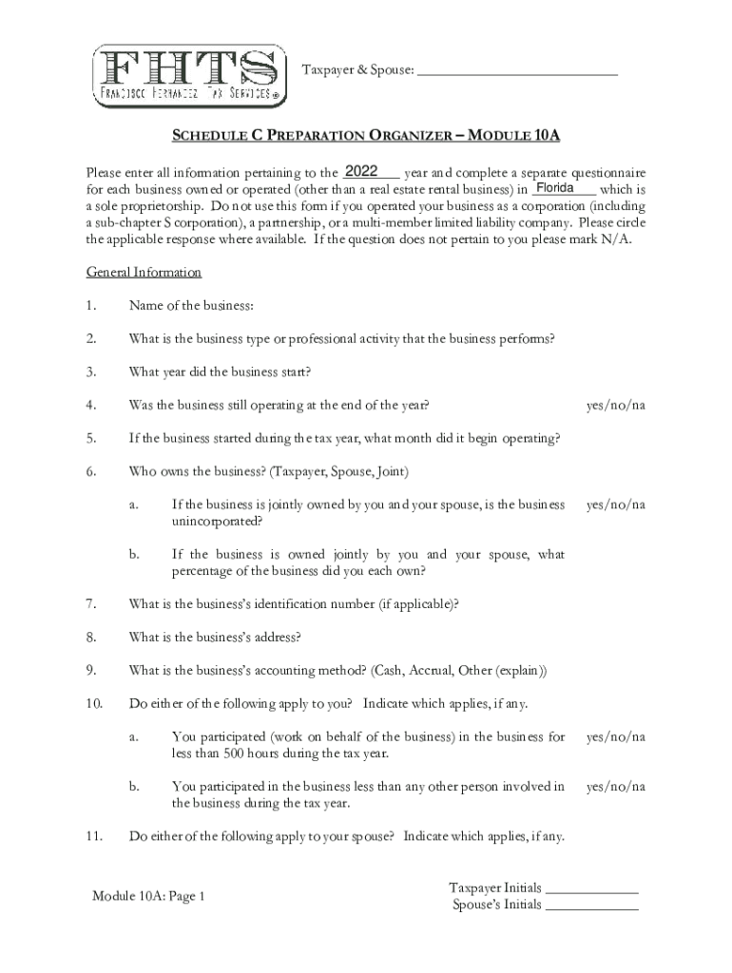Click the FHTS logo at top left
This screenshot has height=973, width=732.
click(189, 75)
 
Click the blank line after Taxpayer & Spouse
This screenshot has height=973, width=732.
click(517, 71)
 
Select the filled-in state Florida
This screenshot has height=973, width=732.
click(554, 188)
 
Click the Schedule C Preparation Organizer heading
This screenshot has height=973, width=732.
click(365, 136)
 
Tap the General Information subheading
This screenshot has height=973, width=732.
click(144, 272)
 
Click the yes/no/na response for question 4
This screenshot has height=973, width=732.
click(616, 405)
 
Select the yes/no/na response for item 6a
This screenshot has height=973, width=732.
click(616, 505)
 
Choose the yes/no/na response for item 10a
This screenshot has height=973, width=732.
click(616, 736)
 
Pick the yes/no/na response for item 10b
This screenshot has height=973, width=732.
click(616, 786)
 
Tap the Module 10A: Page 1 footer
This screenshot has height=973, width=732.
click(148, 896)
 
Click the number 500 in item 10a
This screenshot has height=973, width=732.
click(235, 754)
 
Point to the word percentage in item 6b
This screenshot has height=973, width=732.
click(202, 571)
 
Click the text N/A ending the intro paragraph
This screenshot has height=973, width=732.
click(613, 238)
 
